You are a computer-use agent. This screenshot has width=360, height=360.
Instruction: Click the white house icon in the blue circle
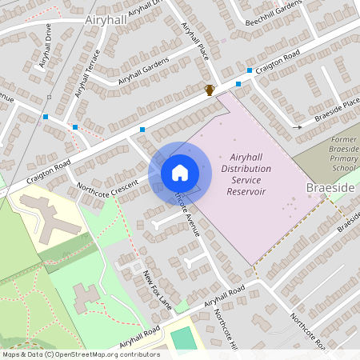(180, 172)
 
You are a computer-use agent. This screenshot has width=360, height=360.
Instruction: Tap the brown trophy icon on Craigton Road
(210, 90)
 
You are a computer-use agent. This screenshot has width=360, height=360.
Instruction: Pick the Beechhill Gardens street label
(272, 14)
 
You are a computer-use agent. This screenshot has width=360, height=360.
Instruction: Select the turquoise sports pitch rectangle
(183, 338)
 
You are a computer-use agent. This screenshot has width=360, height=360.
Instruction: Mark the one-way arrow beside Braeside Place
(297, 126)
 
